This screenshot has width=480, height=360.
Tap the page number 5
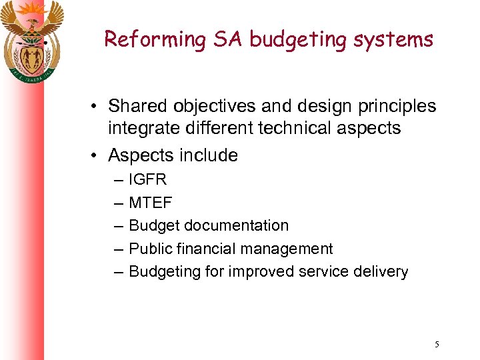click(x=437, y=345)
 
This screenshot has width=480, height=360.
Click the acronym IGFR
click(x=147, y=180)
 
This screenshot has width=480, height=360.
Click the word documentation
click(x=237, y=226)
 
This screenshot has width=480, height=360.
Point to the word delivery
click(x=381, y=272)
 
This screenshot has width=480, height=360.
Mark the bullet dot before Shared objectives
click(x=97, y=107)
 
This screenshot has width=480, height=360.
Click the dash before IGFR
click(x=118, y=181)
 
